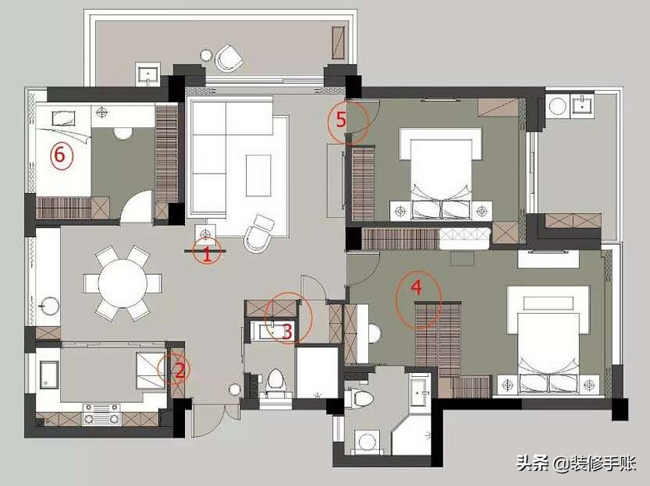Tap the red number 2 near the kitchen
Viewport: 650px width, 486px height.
click(179, 370)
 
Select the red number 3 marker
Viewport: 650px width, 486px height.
click(287, 331)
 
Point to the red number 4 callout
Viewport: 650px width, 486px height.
click(417, 287)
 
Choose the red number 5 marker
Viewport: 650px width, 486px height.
click(341, 120)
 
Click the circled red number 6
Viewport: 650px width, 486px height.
click(61, 156)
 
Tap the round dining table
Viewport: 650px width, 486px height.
click(122, 283)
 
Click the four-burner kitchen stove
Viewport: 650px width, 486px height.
click(102, 414)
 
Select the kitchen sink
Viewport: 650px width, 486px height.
click(50, 374)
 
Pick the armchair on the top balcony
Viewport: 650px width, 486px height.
click(229, 57)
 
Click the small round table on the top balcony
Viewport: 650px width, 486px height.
click(206, 54)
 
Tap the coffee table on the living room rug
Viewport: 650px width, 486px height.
click(258, 176)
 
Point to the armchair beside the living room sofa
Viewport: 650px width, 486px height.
click(259, 234)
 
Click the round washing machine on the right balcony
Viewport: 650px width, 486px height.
click(557, 106)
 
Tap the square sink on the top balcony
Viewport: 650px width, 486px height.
click(147, 75)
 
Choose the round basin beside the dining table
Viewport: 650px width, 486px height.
click(50, 306)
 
